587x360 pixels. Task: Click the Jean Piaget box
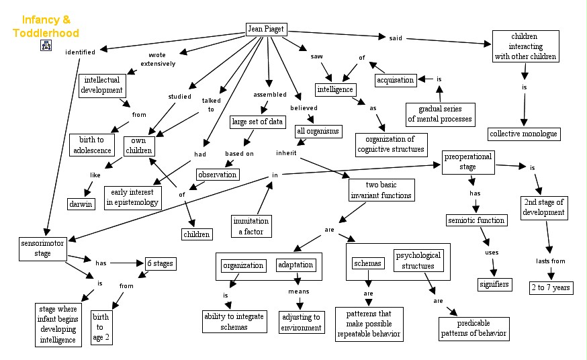tap(267, 29)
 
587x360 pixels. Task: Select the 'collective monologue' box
tap(524, 134)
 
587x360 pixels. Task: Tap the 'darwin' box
tap(81, 204)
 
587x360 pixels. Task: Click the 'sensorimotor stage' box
tap(43, 249)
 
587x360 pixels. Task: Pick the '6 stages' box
tap(161, 263)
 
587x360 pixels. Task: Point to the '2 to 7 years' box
tap(551, 287)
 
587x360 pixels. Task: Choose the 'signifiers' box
tap(494, 284)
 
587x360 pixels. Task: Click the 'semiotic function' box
tap(477, 220)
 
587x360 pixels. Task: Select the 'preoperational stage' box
tap(468, 162)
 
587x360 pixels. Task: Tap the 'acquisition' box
tap(396, 80)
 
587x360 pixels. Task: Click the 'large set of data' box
tap(257, 122)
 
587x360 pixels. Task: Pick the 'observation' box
tap(218, 175)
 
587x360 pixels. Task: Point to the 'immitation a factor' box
tap(251, 226)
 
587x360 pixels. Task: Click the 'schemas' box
tap(367, 263)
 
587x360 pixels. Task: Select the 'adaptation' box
tap(296, 265)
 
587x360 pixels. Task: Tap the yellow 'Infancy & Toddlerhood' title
tap(46, 26)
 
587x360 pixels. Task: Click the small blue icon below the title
tap(46, 46)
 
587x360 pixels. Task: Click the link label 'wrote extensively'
tap(158, 60)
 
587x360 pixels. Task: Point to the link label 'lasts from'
tap(551, 261)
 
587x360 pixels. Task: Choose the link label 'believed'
tap(304, 108)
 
